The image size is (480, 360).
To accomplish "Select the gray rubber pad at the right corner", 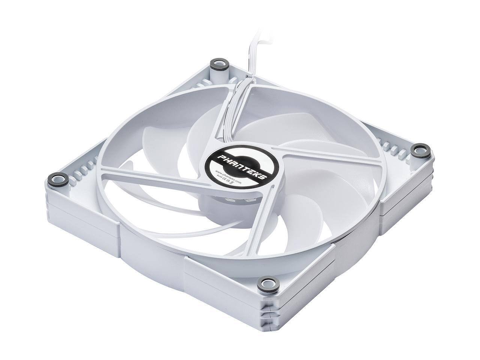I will (x=418, y=150).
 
